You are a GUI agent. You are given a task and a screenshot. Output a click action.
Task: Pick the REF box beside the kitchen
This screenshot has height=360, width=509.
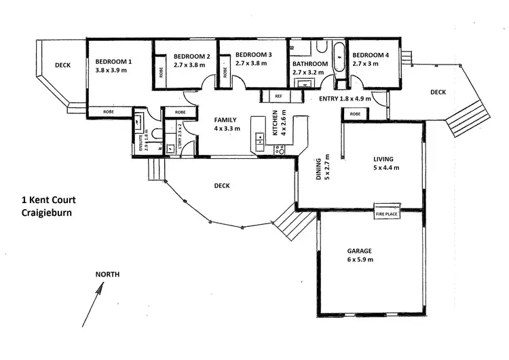(x=278, y=96)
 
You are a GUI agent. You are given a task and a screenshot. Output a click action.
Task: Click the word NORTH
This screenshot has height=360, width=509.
(x=107, y=274)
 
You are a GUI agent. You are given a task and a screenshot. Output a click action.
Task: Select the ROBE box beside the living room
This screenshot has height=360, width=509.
(x=355, y=114)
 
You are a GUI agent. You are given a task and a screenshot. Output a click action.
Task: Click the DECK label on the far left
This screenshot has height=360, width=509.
(x=63, y=66)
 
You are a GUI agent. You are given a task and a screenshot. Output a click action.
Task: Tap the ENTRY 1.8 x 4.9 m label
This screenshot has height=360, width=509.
(x=345, y=98)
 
